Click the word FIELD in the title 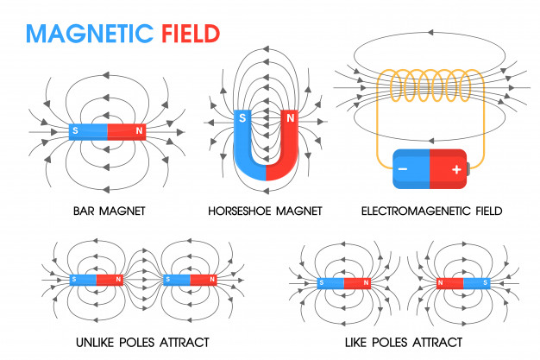pyautogui.click(x=191, y=33)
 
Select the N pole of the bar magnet pyautogui.click(x=126, y=131)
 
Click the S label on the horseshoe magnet pyautogui.click(x=243, y=117)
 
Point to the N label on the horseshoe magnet pyautogui.click(x=290, y=117)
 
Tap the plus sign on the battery pyautogui.click(x=455, y=169)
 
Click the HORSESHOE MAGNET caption pyautogui.click(x=265, y=210)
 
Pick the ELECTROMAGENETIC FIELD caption pyautogui.click(x=431, y=210)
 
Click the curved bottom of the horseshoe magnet pyautogui.click(x=266, y=169)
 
